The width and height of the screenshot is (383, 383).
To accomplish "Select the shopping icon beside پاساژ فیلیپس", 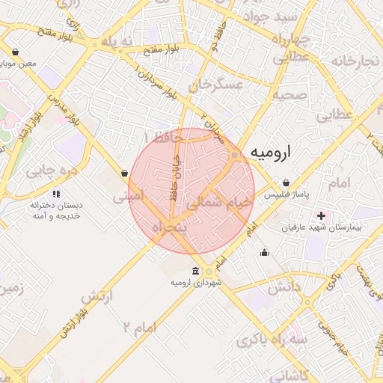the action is [287, 183].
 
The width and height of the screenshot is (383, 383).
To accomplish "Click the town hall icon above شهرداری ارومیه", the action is [195, 271].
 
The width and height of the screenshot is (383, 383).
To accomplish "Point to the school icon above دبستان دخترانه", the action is [57, 194].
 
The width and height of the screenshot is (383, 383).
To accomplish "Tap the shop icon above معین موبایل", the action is [16, 52].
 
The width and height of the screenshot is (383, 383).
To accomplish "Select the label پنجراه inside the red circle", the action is [168, 227].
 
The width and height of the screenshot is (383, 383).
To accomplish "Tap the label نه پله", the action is [117, 42].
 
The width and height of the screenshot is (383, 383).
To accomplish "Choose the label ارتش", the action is [96, 297].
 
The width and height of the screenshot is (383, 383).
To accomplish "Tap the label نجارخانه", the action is [355, 61].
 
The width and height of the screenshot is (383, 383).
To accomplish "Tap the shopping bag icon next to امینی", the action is [124, 174].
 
